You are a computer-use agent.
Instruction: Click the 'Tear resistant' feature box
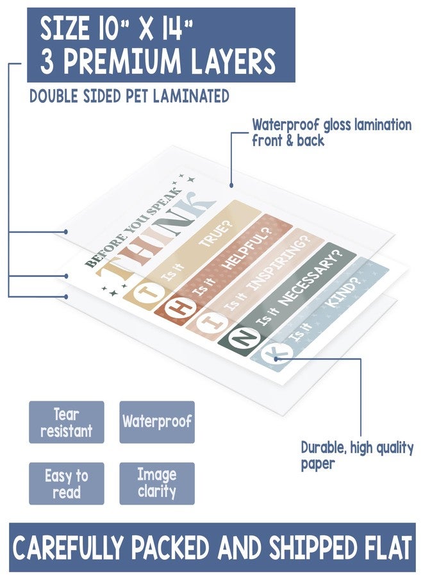[66, 422]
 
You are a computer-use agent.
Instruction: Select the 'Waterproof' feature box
[157, 422]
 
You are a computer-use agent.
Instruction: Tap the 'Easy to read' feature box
[66, 483]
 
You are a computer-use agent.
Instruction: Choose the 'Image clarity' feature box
[157, 483]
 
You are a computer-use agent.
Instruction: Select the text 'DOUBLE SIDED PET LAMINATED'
[129, 96]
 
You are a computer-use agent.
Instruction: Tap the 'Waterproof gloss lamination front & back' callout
[331, 133]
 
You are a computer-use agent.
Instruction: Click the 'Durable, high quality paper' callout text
[357, 456]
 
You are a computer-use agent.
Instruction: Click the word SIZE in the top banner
[64, 29]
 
